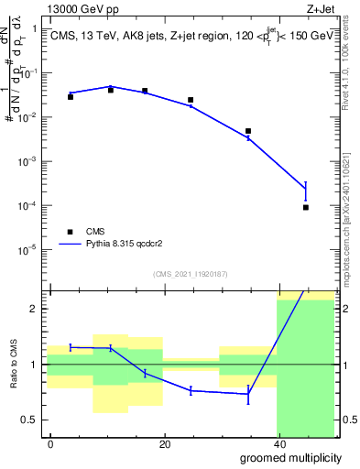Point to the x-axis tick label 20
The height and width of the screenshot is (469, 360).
[165, 444]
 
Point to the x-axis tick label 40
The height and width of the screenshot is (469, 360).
[278, 444]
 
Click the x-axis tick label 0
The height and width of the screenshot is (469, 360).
[51, 444]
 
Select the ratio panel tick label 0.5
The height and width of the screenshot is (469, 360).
[32, 420]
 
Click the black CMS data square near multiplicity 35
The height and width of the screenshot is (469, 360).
[248, 131]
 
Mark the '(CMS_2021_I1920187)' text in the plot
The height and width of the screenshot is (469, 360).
[190, 274]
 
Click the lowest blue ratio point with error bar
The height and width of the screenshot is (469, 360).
[248, 394]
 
